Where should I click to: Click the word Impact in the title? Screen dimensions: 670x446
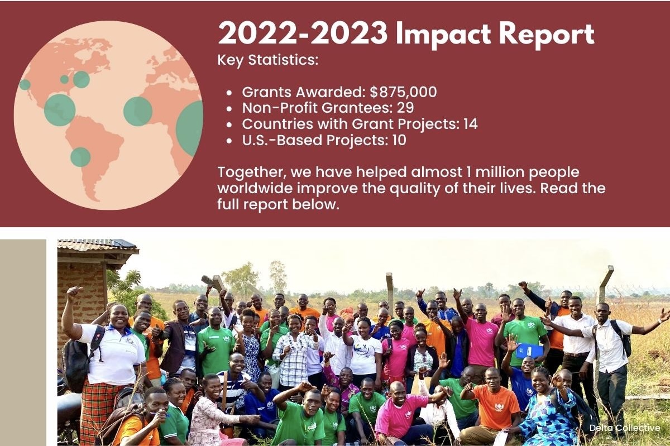pos(443,35)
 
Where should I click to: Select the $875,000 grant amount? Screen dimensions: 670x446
pos(403,92)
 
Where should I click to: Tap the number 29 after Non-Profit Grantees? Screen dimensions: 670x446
pos(405,108)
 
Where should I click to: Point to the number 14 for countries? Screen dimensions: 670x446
pos(471,124)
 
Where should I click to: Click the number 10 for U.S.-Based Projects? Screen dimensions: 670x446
pos(399,140)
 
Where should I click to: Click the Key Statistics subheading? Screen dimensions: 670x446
pos(268,60)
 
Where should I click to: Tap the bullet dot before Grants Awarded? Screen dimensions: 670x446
pos(229,93)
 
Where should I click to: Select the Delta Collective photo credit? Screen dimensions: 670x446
pos(625,428)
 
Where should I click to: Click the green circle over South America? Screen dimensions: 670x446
pos(80,157)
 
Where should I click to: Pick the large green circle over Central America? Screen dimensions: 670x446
pos(60,110)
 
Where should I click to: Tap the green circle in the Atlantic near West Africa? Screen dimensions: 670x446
pos(138,111)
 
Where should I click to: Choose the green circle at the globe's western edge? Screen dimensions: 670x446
pos(25,85)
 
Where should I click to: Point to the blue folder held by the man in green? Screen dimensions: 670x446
pos(530,351)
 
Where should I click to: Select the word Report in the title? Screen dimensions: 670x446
pos(547,35)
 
